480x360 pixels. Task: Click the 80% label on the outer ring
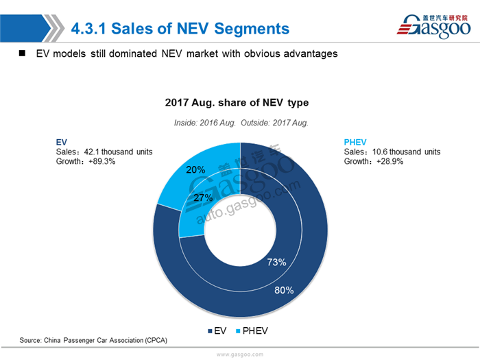coord(285,290)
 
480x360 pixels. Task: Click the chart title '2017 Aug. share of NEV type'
coord(237,103)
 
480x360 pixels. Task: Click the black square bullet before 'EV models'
coord(22,53)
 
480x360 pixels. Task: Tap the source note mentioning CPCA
coord(93,340)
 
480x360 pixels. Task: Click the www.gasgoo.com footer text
coord(239,355)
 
